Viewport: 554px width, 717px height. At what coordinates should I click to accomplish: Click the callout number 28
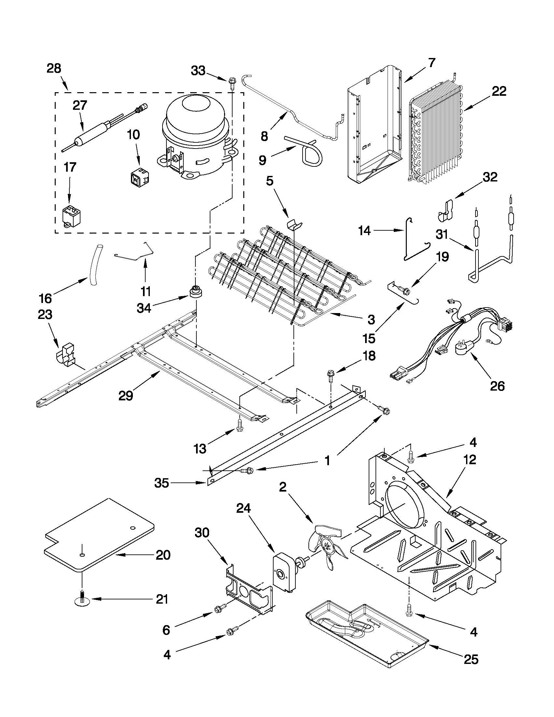54,69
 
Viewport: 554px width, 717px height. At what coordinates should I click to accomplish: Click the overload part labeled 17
70,215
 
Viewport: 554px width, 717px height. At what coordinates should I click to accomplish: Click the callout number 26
497,386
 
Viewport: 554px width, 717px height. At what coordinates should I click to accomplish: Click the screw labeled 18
330,375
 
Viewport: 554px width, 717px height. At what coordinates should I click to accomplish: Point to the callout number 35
162,483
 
